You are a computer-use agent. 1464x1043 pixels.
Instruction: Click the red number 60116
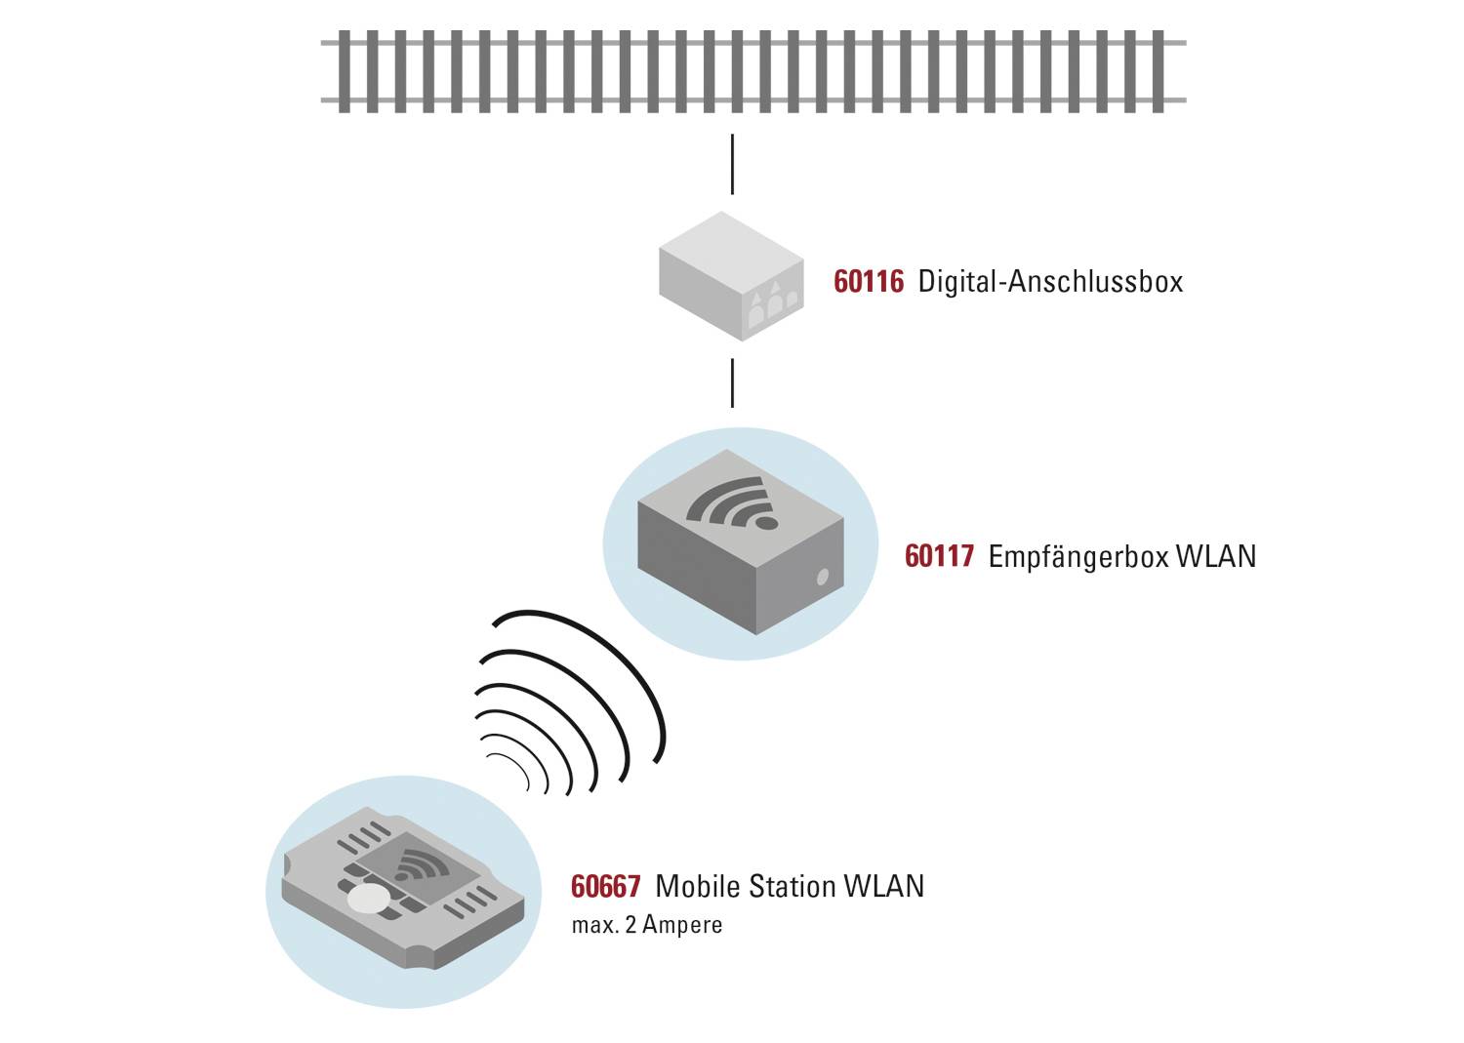click(869, 282)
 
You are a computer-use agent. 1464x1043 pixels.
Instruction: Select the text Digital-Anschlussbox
click(1050, 282)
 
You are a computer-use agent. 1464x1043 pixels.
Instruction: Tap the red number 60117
click(939, 556)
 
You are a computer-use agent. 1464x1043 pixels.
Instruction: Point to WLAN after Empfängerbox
click(1216, 556)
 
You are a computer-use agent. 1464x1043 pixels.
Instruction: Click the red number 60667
click(605, 886)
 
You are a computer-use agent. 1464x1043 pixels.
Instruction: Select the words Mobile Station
click(746, 886)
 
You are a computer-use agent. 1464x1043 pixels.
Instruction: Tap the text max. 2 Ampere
click(647, 925)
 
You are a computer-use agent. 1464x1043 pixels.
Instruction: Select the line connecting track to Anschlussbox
click(732, 165)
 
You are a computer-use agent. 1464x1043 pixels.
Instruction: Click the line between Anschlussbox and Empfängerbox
click(732, 382)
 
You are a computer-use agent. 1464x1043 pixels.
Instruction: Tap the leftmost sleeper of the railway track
click(344, 71)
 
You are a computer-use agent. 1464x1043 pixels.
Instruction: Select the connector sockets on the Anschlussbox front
click(774, 302)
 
